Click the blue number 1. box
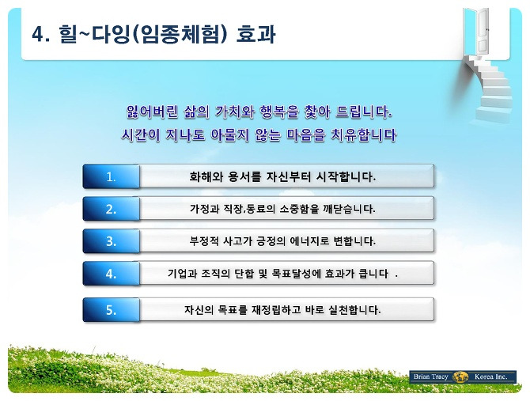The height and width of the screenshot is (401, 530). click(x=112, y=176)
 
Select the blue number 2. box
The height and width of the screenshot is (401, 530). click(x=112, y=209)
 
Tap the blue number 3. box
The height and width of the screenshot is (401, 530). click(x=112, y=241)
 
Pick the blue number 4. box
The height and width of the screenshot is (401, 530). click(x=112, y=274)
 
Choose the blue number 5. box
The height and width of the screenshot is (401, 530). click(x=112, y=309)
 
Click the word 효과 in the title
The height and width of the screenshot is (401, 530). click(x=256, y=35)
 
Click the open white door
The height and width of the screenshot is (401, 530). click(x=481, y=30)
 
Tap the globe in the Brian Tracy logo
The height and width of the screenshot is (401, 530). click(x=460, y=376)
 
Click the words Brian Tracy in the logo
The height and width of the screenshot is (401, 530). click(x=430, y=376)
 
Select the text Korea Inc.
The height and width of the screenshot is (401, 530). click(x=490, y=376)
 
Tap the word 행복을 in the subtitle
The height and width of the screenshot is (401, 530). click(x=279, y=112)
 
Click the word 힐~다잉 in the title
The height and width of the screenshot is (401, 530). click(x=94, y=35)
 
